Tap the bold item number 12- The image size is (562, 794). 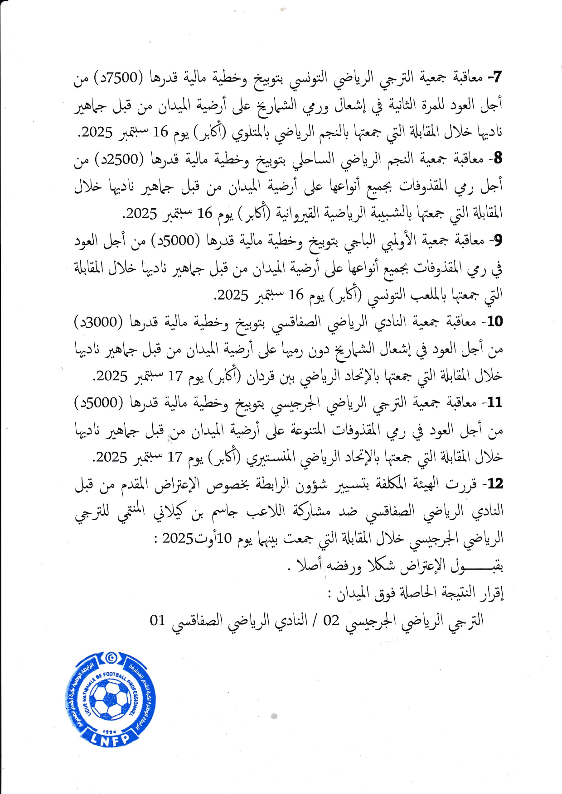[x=493, y=484]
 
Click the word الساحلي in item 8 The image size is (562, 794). [x=313, y=160]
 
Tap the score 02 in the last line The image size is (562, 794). [x=331, y=620]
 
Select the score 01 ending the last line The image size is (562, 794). [x=157, y=620]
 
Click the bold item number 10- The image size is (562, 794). [x=493, y=322]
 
